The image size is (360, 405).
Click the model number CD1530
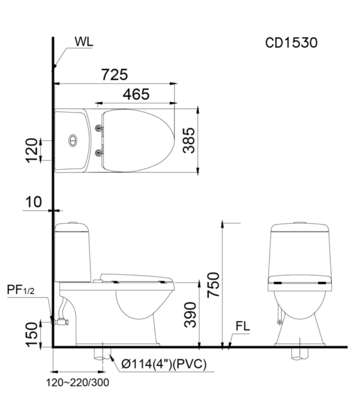(x=292, y=43)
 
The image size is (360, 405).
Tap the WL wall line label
(x=83, y=41)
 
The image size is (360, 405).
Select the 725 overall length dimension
(x=115, y=74)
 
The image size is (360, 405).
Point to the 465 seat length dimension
(x=136, y=94)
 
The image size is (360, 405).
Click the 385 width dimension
(x=189, y=140)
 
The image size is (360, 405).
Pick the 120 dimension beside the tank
(x=32, y=151)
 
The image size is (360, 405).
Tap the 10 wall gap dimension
(x=34, y=202)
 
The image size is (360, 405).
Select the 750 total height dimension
(x=214, y=284)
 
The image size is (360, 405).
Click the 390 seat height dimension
(x=190, y=315)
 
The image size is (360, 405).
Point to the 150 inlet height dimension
(x=32, y=334)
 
